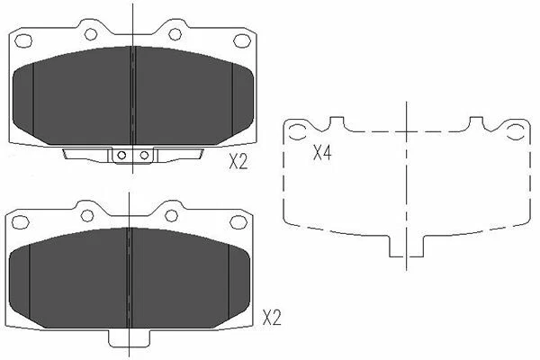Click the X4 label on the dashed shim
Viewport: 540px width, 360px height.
(x=321, y=153)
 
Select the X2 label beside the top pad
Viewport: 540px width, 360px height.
(x=238, y=162)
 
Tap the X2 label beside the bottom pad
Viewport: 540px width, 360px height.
(x=272, y=318)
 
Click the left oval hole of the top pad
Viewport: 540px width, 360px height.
(x=24, y=40)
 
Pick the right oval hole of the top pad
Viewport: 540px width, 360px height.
(x=242, y=40)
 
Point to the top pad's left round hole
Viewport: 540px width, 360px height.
(x=90, y=33)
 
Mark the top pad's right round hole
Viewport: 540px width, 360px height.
(x=175, y=34)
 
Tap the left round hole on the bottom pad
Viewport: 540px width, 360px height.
(x=87, y=215)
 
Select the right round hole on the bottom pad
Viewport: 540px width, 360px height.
(x=172, y=215)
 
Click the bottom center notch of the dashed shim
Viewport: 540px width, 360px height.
(x=408, y=247)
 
